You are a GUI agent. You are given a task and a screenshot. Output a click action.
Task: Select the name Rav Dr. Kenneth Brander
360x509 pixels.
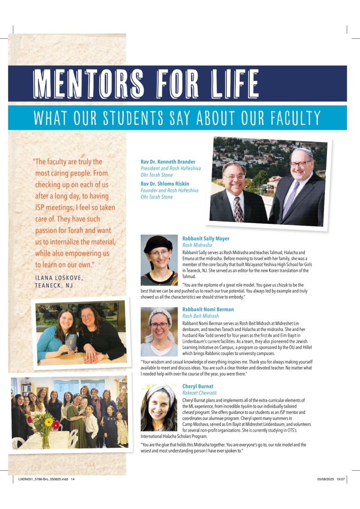[168, 162]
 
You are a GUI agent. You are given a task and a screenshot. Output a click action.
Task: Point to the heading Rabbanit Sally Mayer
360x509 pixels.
[206, 239]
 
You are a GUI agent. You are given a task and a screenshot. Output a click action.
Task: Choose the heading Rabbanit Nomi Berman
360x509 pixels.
[208, 310]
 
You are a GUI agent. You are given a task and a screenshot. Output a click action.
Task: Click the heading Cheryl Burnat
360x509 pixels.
[198, 386]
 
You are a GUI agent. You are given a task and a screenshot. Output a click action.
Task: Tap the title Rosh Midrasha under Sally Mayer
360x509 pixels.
[197, 245]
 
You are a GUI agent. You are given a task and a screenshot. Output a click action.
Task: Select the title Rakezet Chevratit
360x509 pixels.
[199, 393]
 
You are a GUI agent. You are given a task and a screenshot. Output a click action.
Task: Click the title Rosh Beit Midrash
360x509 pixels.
[201, 316]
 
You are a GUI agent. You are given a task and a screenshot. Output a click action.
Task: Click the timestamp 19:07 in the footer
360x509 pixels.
[340, 479]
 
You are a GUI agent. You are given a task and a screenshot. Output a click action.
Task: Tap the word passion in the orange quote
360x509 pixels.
[49, 230]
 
